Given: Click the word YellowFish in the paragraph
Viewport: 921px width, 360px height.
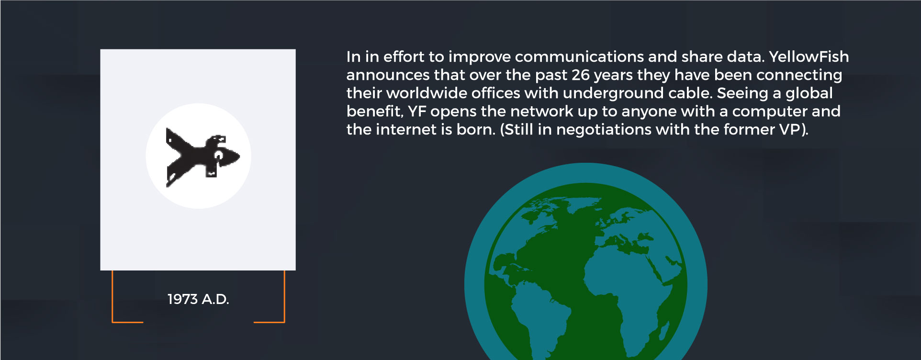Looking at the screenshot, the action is [809, 56].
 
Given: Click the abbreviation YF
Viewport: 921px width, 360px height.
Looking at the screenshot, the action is [417, 111].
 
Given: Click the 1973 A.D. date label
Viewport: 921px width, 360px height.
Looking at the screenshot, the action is [198, 299].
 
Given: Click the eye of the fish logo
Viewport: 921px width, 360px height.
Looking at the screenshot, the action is [218, 155].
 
